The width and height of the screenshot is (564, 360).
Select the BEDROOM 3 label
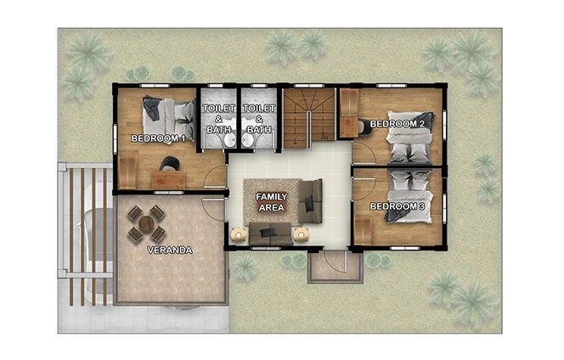pyautogui.click(x=396, y=206)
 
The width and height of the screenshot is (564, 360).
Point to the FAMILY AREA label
pyautogui.click(x=272, y=201)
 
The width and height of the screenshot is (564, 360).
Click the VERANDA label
pyautogui.click(x=169, y=250)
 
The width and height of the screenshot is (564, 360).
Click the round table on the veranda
pyautogui.click(x=146, y=223)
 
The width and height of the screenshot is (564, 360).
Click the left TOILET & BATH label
pyautogui.click(x=218, y=119)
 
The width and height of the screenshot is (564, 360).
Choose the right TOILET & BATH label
pyautogui.click(x=260, y=119)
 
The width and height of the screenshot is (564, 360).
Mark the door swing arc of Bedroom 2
pyautogui.click(x=364, y=154)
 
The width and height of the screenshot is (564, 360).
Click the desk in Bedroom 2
pyautogui.click(x=348, y=112)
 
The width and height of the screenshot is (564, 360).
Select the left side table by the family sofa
pyautogui.click(x=239, y=233)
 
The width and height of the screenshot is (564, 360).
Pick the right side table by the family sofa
pyautogui.click(x=300, y=233)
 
